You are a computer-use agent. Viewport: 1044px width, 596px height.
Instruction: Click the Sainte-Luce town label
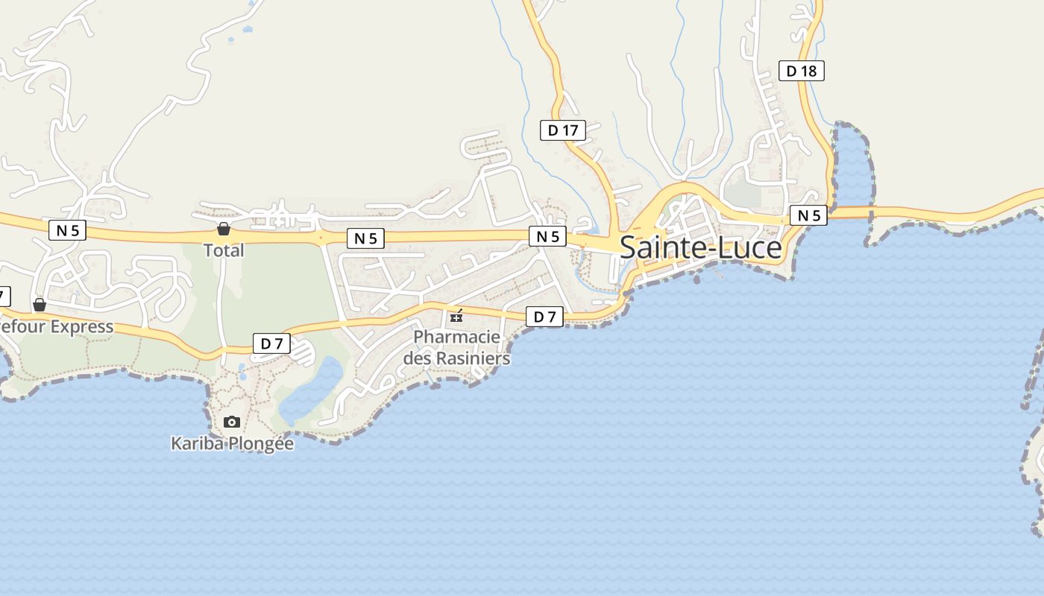tap(700, 247)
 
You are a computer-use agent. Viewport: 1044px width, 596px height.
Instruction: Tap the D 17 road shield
tap(563, 130)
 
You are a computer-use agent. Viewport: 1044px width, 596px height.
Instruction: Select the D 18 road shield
tap(802, 71)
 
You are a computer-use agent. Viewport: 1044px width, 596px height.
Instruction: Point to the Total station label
tap(224, 250)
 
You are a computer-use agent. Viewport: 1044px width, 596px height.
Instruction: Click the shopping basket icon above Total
tap(223, 229)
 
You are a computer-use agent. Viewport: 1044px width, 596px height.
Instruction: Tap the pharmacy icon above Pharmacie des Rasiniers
tap(456, 317)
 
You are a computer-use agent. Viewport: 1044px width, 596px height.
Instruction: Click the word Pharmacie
tap(456, 337)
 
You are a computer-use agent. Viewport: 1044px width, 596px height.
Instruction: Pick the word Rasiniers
tap(473, 358)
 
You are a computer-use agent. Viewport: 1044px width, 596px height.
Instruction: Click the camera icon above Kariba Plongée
tap(232, 422)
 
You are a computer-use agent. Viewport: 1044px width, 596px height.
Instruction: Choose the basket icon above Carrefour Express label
tap(40, 305)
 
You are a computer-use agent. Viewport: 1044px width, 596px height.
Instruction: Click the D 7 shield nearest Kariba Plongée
tap(271, 343)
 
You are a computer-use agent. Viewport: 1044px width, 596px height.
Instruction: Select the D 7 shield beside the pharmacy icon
tap(544, 317)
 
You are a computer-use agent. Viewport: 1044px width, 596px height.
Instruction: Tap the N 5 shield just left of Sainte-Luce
tap(547, 236)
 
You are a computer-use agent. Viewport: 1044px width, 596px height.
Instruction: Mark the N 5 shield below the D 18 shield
tap(808, 216)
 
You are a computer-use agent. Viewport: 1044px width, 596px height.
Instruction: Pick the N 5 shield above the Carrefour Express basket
tap(67, 230)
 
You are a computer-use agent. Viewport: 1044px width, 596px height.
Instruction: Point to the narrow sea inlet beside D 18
tap(852, 168)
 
